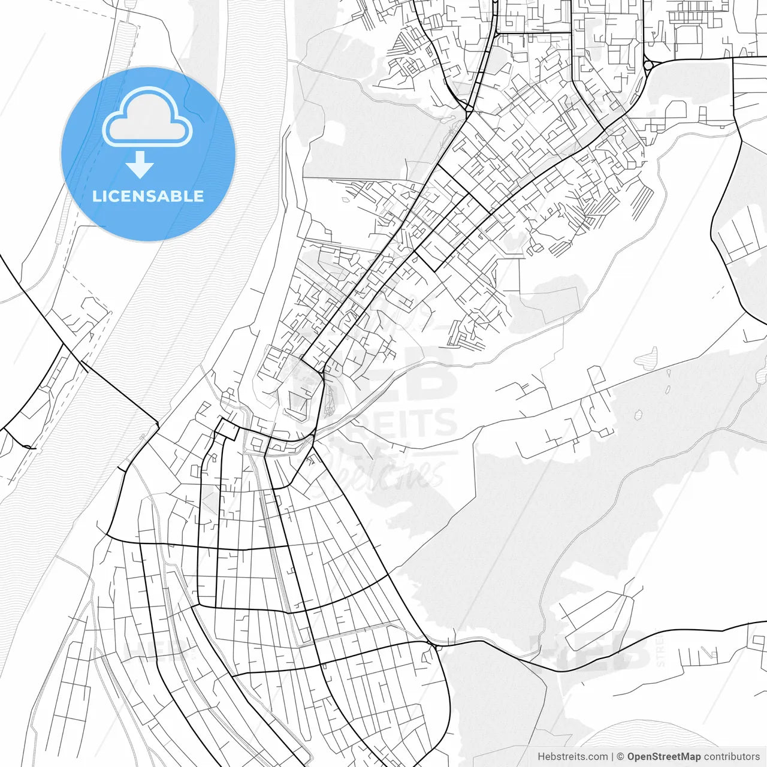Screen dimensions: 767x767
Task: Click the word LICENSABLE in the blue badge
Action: (148, 196)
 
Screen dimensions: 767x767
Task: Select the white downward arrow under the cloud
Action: (140, 165)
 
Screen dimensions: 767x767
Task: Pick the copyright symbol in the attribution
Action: (621, 756)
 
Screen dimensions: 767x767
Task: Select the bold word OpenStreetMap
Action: (663, 756)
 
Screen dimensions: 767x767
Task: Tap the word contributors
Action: (732, 756)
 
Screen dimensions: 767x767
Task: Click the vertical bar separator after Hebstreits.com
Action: (611, 756)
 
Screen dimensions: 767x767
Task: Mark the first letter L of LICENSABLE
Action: (96, 196)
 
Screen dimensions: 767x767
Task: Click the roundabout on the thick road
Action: (648, 65)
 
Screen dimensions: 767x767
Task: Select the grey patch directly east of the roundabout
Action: (689, 90)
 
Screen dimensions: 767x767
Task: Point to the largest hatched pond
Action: (645, 359)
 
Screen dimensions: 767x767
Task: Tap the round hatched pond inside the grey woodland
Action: (638, 414)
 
